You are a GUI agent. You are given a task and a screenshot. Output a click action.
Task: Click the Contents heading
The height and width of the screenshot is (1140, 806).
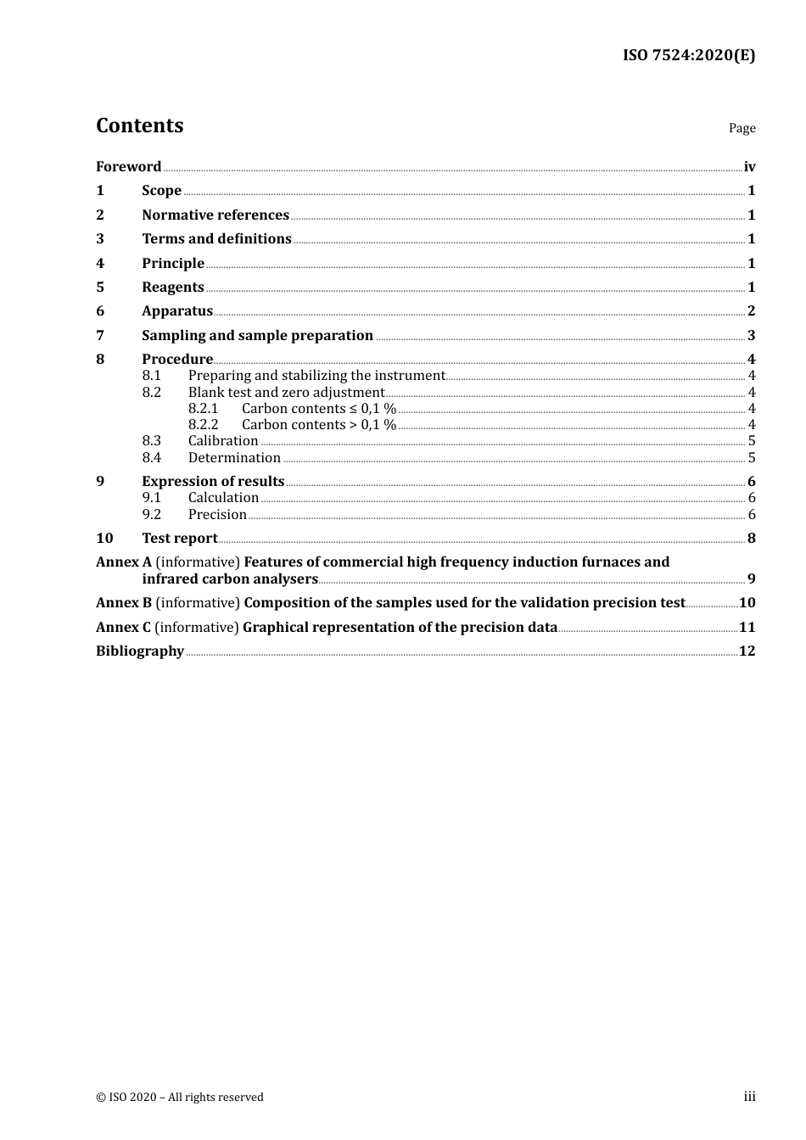point(139,126)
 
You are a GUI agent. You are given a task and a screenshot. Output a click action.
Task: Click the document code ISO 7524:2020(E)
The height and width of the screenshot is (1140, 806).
point(688,56)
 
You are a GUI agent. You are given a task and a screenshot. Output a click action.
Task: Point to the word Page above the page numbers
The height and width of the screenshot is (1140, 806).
point(742,128)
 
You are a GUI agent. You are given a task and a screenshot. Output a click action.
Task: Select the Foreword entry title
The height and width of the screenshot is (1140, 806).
point(128,167)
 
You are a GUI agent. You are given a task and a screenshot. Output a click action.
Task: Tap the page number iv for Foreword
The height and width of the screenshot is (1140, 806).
point(749,167)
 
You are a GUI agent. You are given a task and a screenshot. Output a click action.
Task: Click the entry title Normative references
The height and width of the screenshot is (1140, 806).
point(215,215)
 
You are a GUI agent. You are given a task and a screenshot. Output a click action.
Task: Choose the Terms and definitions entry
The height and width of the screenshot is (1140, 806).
point(216,239)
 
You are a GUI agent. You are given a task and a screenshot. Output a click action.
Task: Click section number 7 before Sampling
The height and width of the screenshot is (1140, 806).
point(100,336)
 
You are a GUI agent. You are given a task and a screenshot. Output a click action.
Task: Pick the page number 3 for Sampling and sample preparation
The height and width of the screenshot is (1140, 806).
point(751,336)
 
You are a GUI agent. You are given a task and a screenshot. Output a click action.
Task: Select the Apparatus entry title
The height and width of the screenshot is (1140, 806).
point(176,311)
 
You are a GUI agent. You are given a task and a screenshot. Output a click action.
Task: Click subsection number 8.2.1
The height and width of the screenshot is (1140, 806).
point(203,409)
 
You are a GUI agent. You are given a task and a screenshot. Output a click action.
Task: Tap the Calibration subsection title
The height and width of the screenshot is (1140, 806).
point(223,441)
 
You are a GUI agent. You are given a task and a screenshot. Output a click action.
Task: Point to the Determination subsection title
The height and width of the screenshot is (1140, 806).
point(234,458)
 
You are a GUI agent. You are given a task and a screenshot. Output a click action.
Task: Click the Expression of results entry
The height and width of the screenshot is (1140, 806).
point(213,482)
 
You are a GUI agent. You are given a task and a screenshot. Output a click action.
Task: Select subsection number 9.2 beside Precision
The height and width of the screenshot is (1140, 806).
point(151,515)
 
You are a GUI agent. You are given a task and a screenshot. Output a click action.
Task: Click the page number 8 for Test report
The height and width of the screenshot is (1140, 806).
point(751,539)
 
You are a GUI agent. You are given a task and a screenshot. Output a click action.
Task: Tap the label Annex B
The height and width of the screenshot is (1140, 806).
point(124,603)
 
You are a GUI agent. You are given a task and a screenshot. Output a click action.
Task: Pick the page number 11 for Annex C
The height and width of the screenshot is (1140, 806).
point(747,628)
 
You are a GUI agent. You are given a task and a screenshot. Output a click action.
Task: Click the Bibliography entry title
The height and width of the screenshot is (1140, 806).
point(140,651)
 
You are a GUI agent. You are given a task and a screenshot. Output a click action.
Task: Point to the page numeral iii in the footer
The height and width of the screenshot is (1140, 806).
point(749,1097)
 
